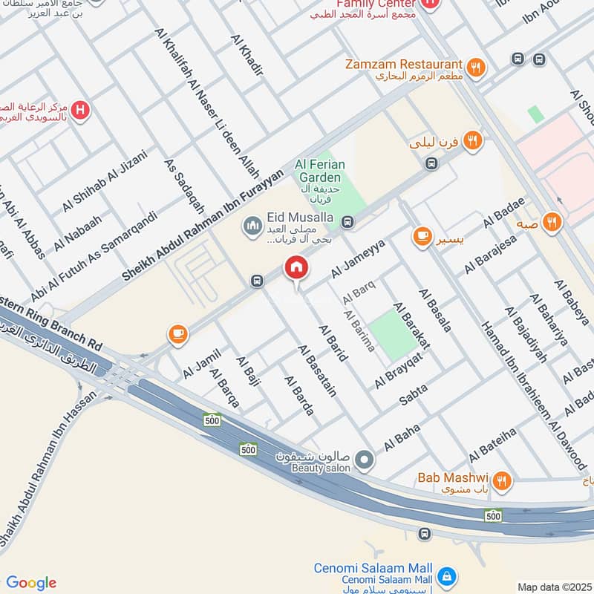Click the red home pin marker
click(x=296, y=268)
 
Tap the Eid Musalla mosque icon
click(x=253, y=223)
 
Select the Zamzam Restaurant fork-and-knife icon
click(x=477, y=66)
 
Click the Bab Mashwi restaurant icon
click(x=503, y=481)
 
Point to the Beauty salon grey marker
click(x=363, y=461)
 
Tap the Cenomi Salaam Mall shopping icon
click(x=446, y=575)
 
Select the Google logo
click(x=30, y=583)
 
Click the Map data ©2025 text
click(x=553, y=587)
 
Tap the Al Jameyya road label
click(x=358, y=258)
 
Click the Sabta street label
click(x=414, y=394)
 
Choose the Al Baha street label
click(x=402, y=438)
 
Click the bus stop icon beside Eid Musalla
click(x=347, y=221)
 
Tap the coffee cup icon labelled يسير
click(x=422, y=237)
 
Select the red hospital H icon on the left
click(x=81, y=111)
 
